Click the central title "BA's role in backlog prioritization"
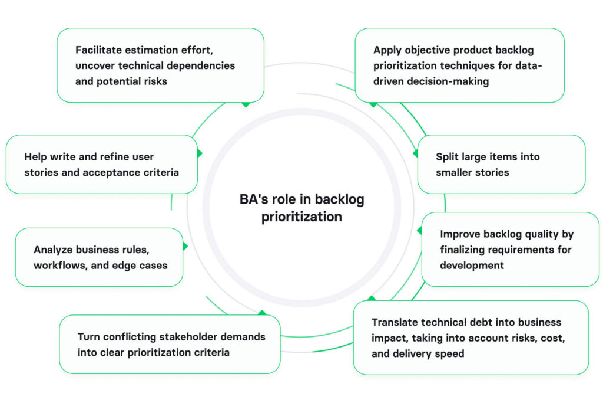301,208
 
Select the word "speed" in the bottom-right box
450,353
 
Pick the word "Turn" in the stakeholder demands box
90,337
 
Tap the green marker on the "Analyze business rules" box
185,247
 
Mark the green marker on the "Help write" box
199,153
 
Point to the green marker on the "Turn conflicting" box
262,313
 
